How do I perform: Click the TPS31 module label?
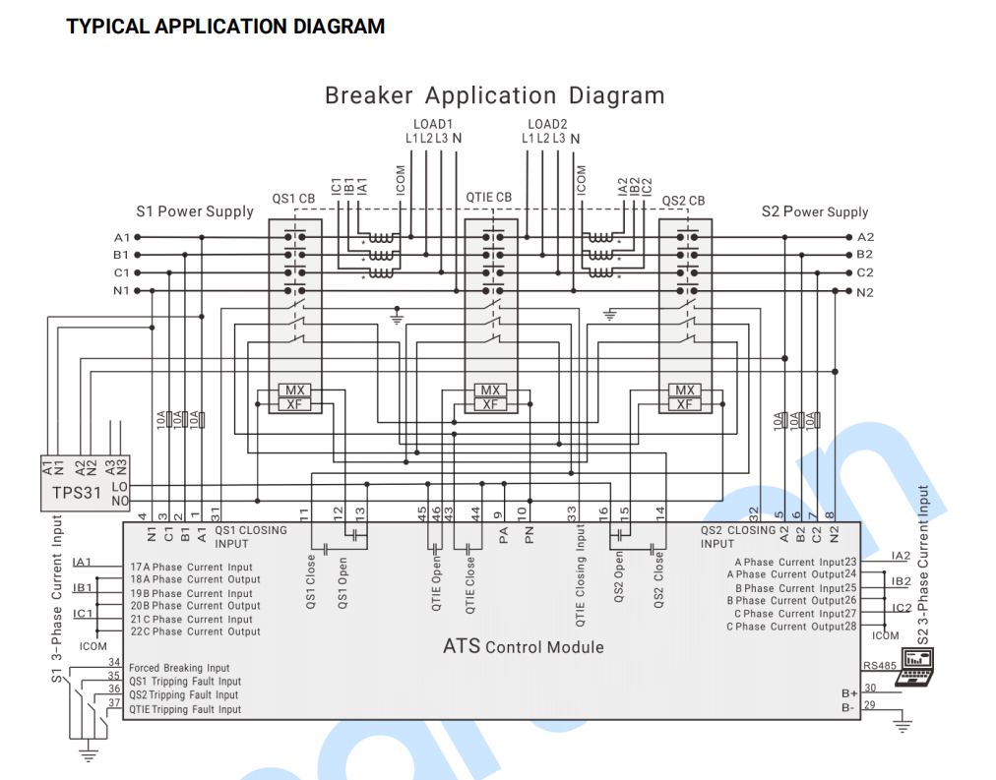point(77,493)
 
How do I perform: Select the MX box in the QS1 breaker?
point(293,390)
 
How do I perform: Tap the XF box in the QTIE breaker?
point(489,404)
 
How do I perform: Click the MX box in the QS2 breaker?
point(684,390)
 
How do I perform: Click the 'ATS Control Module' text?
point(523,647)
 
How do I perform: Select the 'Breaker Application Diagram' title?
point(494,95)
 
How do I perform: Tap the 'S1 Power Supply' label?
point(195,211)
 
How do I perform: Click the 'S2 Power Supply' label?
point(815,211)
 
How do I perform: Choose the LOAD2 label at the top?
point(547,124)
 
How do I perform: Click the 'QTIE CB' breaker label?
point(488,198)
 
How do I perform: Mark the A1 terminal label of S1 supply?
point(122,237)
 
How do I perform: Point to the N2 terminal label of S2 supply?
point(865,292)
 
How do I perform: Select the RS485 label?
point(880,666)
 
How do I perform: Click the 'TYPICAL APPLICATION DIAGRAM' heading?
point(225,27)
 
